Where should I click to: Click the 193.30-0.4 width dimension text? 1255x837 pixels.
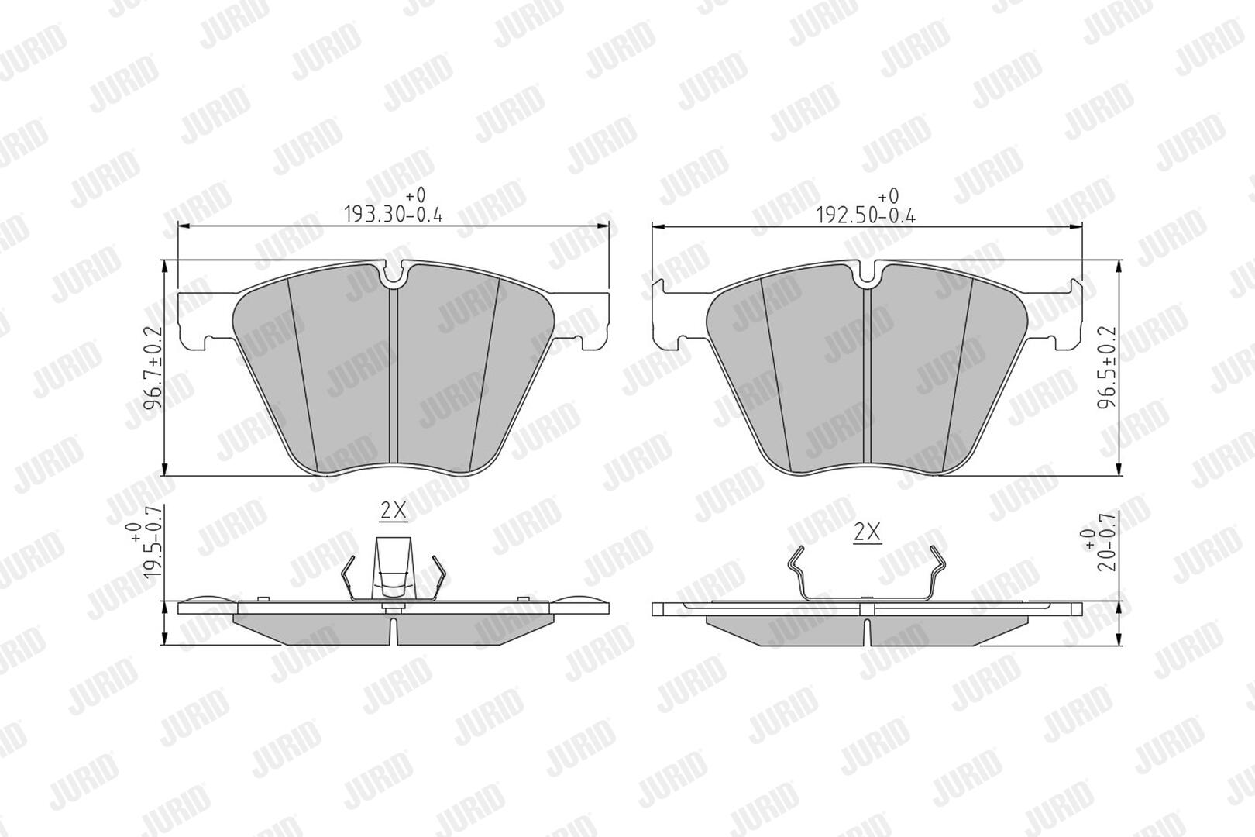(x=393, y=205)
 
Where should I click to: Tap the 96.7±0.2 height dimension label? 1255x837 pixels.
(x=153, y=368)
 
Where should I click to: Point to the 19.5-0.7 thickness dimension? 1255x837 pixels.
(x=146, y=541)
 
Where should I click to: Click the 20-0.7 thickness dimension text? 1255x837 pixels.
(x=1100, y=541)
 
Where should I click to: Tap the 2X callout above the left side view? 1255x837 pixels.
(x=394, y=511)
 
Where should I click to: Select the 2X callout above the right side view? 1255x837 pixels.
(x=867, y=532)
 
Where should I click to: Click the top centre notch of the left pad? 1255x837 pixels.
(x=394, y=274)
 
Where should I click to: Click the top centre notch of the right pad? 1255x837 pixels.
(x=867, y=274)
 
